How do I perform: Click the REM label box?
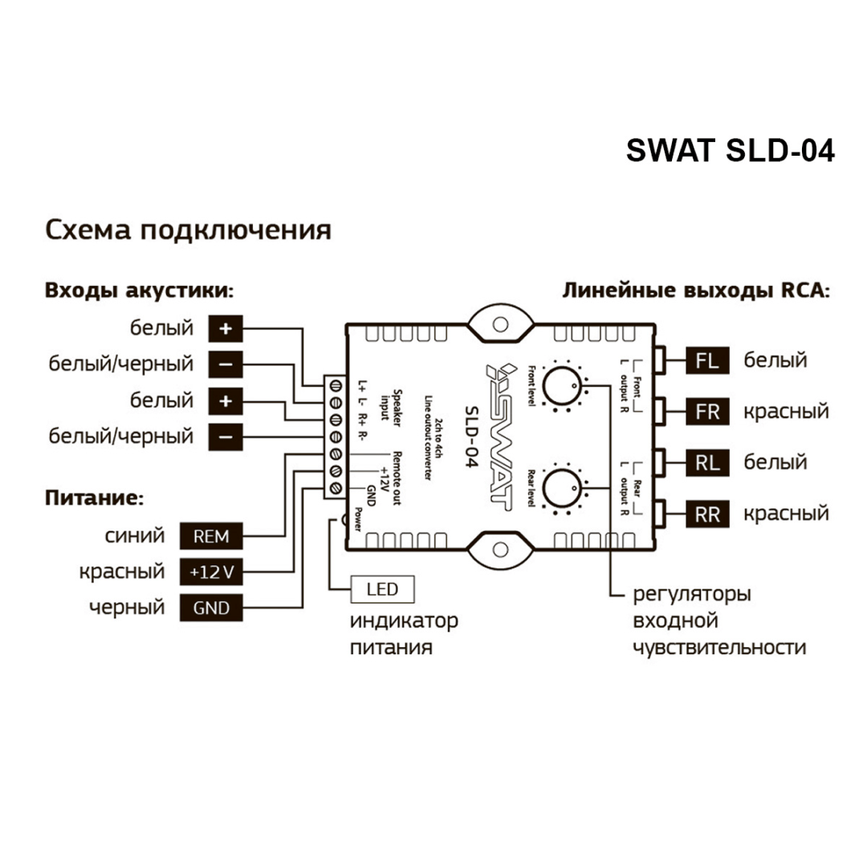(x=211, y=535)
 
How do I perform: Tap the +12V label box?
(x=211, y=572)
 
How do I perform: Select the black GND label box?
(x=211, y=608)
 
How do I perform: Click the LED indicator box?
(x=383, y=591)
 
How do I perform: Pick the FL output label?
(x=707, y=361)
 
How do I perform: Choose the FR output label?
(x=707, y=413)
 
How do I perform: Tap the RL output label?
(x=707, y=462)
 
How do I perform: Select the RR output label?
(x=707, y=514)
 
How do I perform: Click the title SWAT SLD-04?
(x=730, y=150)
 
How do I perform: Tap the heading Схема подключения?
(x=188, y=230)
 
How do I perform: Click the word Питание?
(x=94, y=499)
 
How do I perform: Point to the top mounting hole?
(x=500, y=324)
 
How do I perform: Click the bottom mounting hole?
(x=500, y=552)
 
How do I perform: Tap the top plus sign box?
(x=226, y=328)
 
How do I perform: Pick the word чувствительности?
(x=718, y=648)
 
